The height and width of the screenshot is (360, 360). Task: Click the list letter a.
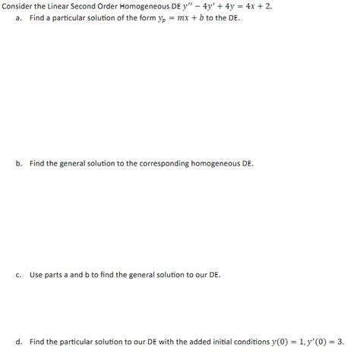17,17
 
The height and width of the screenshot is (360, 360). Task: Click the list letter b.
17,163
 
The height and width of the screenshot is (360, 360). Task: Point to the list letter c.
17,274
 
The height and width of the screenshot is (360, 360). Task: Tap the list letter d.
17,343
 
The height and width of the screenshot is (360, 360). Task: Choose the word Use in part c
36,274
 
